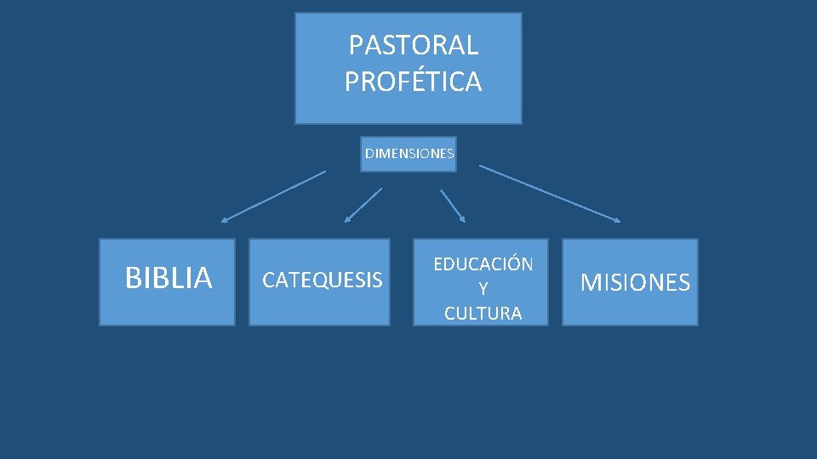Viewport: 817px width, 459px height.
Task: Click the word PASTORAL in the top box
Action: (x=414, y=44)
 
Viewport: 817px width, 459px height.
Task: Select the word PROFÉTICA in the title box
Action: (x=414, y=82)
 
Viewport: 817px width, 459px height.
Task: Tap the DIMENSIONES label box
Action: (x=408, y=154)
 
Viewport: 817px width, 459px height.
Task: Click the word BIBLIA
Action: (x=168, y=278)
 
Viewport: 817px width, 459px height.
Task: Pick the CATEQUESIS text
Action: (x=322, y=280)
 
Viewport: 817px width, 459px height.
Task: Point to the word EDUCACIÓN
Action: (x=483, y=263)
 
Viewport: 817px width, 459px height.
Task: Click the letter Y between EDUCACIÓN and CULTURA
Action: (x=483, y=289)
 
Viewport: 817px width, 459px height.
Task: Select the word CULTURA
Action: (x=483, y=313)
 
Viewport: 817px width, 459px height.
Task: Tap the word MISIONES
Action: (x=635, y=283)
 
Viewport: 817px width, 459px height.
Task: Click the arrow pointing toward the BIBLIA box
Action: (x=273, y=196)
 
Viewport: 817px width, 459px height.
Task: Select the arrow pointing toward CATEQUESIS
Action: (x=363, y=206)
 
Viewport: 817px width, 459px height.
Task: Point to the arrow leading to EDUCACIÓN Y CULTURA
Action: (x=453, y=206)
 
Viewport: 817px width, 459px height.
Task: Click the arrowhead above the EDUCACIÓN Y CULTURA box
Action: (x=463, y=219)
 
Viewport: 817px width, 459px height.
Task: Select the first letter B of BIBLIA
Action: (x=133, y=278)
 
